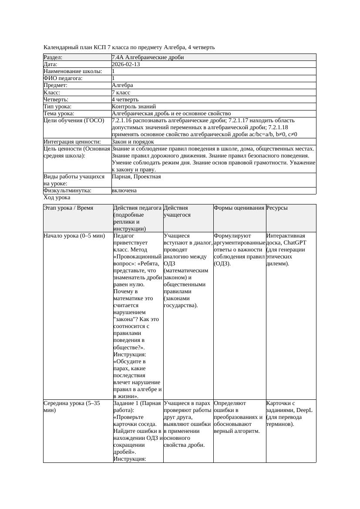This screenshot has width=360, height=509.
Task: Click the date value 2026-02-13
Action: [x=126, y=64]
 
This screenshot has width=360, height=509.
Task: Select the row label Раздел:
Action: [x=53, y=57]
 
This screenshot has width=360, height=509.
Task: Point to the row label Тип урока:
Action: [x=57, y=106]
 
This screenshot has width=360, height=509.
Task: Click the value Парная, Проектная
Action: [x=136, y=177]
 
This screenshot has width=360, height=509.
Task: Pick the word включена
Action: [x=124, y=191]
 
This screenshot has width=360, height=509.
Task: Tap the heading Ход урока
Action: [x=57, y=198]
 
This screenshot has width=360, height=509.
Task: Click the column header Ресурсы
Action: [x=277, y=208]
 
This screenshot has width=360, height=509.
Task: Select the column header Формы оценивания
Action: [x=239, y=208]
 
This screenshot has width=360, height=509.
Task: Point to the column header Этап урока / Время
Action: [x=68, y=208]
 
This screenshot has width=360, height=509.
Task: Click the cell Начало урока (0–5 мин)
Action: [x=74, y=236]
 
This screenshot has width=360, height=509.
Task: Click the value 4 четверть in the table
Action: [x=125, y=99]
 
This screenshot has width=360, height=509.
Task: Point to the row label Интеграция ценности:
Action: [x=72, y=142]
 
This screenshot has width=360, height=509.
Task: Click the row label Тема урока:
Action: [x=60, y=113]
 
